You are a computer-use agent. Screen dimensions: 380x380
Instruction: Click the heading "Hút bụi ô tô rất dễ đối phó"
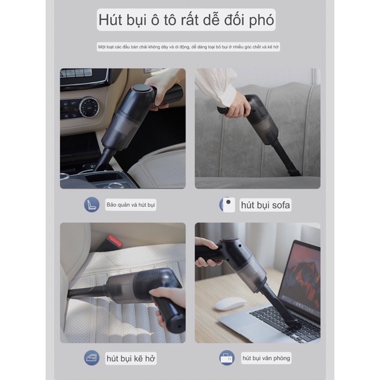coord(186,20)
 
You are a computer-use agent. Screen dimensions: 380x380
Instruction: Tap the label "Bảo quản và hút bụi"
coord(131,205)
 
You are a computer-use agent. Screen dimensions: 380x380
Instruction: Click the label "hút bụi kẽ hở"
coord(132,358)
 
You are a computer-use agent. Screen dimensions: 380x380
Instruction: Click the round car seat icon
coord(92,204)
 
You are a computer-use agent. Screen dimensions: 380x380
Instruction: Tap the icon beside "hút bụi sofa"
coord(227,204)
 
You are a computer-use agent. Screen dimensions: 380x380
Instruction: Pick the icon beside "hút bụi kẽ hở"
coord(92,357)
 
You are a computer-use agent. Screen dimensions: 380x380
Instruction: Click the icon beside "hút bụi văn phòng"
coord(227,357)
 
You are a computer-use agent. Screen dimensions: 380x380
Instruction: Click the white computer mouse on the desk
coord(230,304)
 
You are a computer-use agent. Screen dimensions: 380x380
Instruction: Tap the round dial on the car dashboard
coord(88,107)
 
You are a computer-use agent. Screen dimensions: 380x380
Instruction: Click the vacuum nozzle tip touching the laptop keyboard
coord(291,324)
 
